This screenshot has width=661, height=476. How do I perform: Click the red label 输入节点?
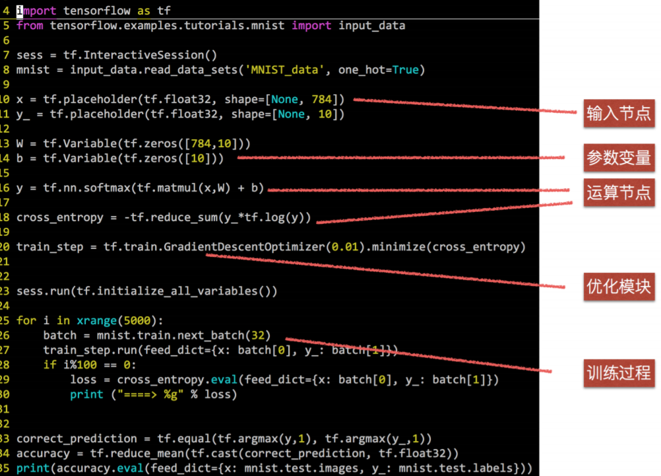tap(618, 114)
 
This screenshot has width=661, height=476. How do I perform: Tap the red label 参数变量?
tap(618, 158)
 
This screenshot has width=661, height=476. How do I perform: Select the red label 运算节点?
tap(618, 191)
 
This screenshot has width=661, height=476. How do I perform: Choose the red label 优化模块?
tap(618, 286)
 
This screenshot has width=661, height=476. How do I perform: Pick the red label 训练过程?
tap(618, 373)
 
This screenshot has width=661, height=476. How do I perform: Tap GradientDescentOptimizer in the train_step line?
tap(245, 247)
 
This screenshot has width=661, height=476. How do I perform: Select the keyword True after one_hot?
tap(406, 69)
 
